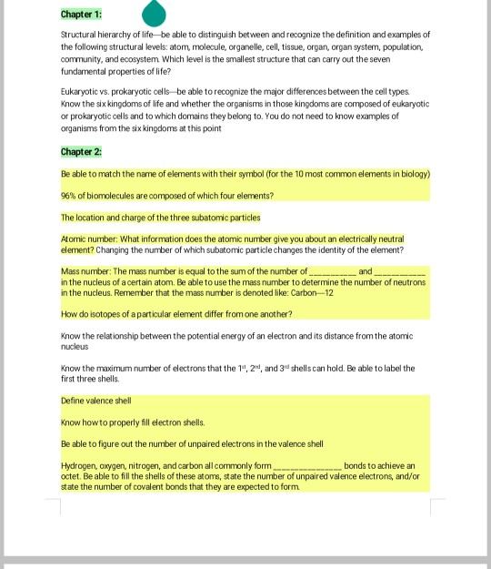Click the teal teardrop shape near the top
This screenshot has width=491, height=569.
pyautogui.click(x=155, y=13)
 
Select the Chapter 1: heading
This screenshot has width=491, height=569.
pyautogui.click(x=81, y=15)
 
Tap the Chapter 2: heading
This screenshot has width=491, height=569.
pyautogui.click(x=81, y=151)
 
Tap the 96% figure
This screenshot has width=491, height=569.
pyautogui.click(x=69, y=196)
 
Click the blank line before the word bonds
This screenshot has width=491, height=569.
pyautogui.click(x=306, y=465)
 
